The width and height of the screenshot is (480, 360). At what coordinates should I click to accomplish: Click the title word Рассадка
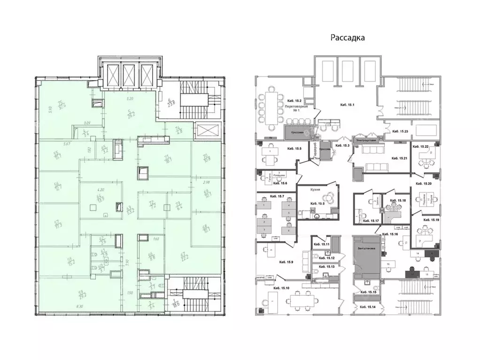[x=348, y=38]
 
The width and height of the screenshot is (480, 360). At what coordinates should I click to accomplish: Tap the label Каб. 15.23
[x=400, y=132]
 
